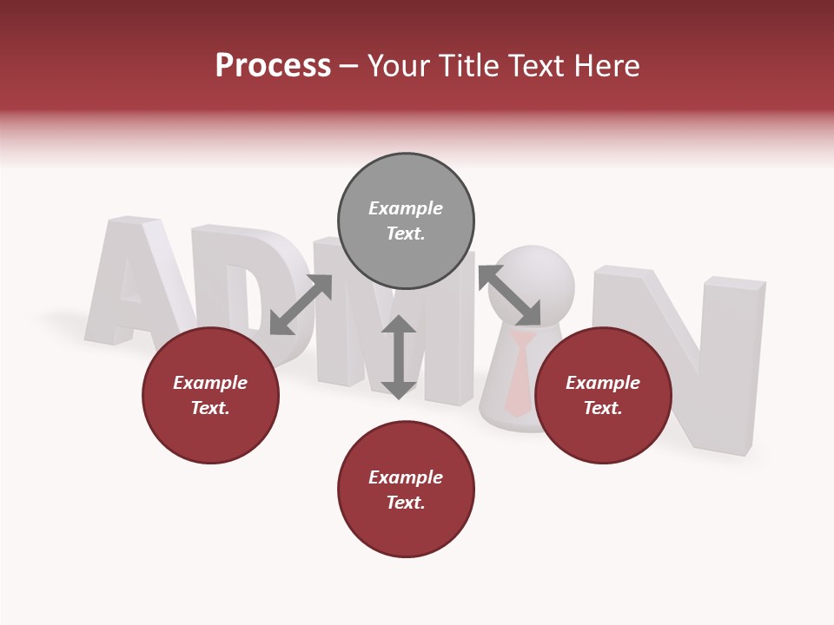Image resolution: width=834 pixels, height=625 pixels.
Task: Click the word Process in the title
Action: click(273, 66)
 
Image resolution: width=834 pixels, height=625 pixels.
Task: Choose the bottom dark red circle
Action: click(406, 530)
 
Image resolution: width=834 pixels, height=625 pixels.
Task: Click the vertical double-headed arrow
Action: click(399, 357)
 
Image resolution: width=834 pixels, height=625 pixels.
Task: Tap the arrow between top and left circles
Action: click(301, 304)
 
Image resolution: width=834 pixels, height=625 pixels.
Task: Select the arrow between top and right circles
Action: click(509, 294)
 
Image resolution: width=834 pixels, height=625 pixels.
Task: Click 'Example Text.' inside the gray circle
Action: click(406, 220)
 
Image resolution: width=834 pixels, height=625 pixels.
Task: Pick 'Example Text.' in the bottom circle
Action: click(406, 490)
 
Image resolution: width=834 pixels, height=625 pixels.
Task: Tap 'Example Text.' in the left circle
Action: click(210, 395)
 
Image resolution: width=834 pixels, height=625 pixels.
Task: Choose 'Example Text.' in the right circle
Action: click(603, 395)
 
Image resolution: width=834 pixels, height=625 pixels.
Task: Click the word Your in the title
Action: click(397, 66)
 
